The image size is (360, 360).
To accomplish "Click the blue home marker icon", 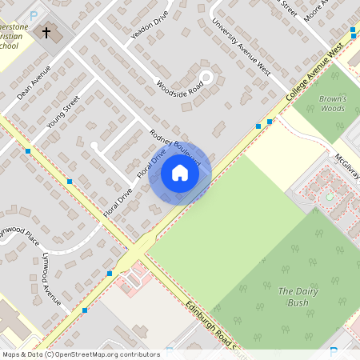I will [180, 173].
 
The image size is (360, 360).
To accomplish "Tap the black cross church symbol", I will [46, 34].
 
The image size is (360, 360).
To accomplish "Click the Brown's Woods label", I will [332, 103].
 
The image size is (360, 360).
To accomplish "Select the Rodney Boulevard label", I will [175, 147].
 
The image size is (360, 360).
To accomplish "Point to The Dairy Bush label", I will [293, 296].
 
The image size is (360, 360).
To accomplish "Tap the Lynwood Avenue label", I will [51, 279].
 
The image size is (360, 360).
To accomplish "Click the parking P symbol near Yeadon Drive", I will [34, 14].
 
